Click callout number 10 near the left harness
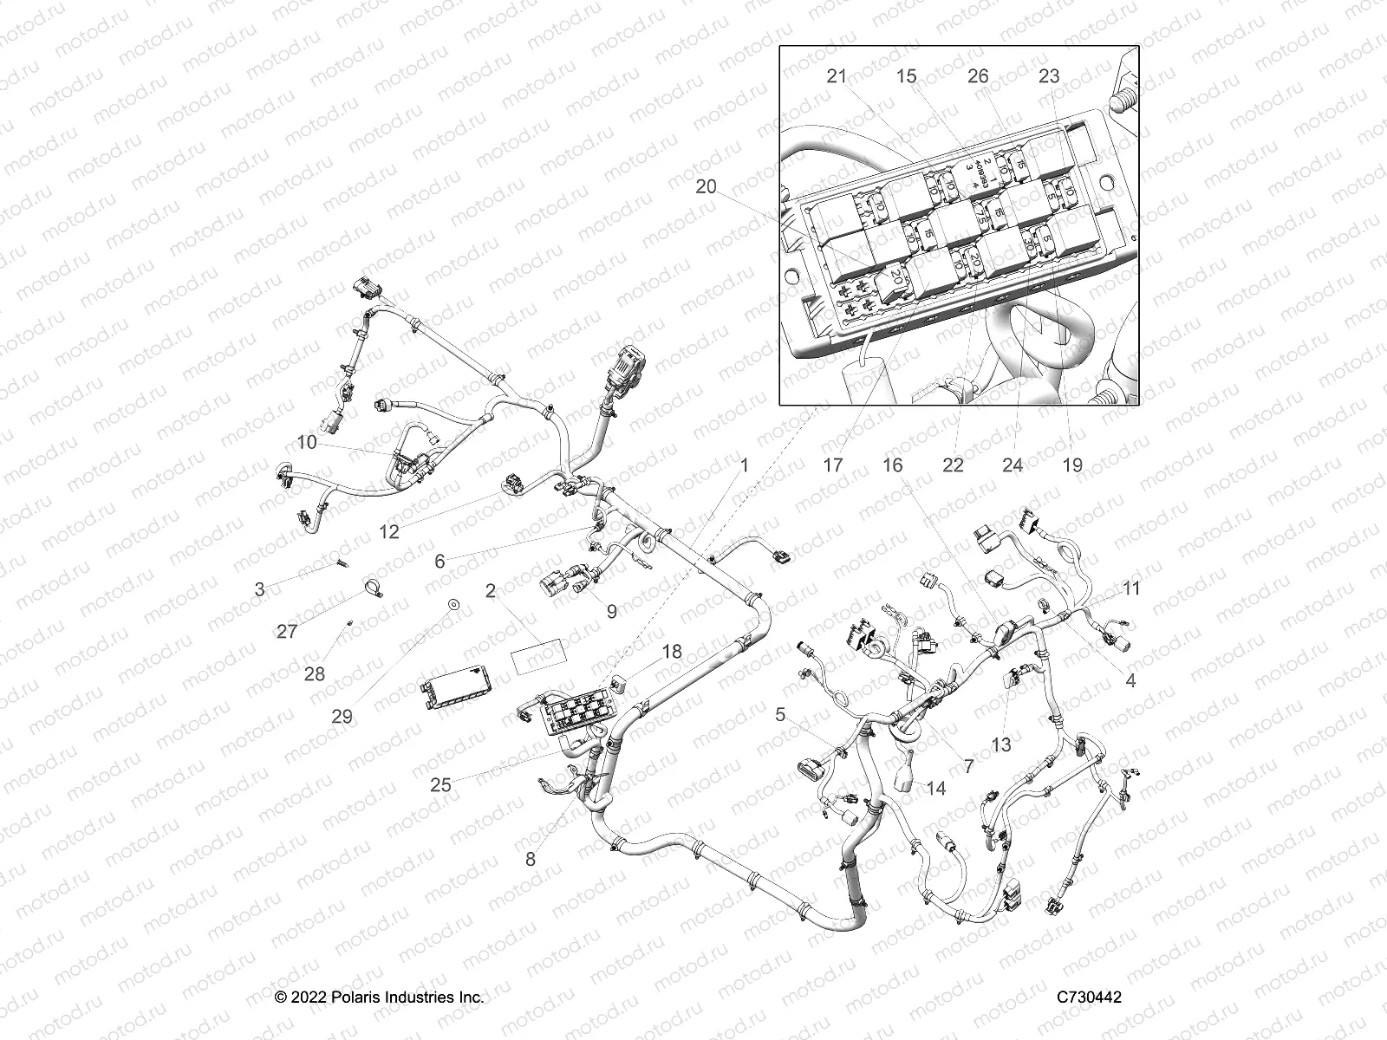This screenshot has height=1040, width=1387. click(x=307, y=443)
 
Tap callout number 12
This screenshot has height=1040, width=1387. click(x=389, y=531)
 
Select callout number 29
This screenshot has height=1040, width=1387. click(x=342, y=717)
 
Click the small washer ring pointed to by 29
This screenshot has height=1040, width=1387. click(x=453, y=603)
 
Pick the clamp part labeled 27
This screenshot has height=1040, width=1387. click(x=368, y=592)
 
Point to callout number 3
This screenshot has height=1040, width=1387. click(x=260, y=590)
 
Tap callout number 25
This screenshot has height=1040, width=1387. click(x=440, y=785)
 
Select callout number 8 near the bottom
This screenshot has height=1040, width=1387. click(x=531, y=861)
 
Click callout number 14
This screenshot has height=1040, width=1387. click(x=935, y=789)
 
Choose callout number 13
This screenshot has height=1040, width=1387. click(x=1001, y=744)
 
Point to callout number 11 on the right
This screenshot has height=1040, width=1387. click(x=1131, y=588)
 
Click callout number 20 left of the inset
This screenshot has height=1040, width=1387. click(x=707, y=186)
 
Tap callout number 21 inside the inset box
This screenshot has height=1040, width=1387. click(x=836, y=76)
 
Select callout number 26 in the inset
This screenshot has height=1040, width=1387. click(x=978, y=76)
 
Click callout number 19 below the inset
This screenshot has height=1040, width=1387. click(x=1072, y=465)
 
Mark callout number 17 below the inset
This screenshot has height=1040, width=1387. click(x=832, y=465)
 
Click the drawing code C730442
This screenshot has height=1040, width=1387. click(x=1089, y=998)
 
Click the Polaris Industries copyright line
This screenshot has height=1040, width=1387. click(x=380, y=998)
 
